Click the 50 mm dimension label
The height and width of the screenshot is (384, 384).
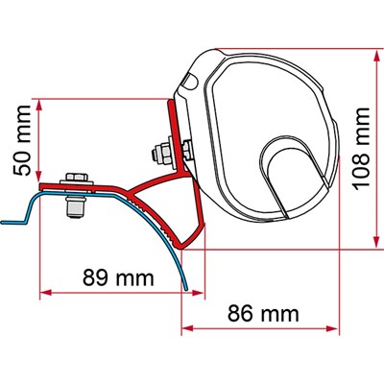click(x=20, y=141)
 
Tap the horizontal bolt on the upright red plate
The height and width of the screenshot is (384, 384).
click(x=157, y=151)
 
